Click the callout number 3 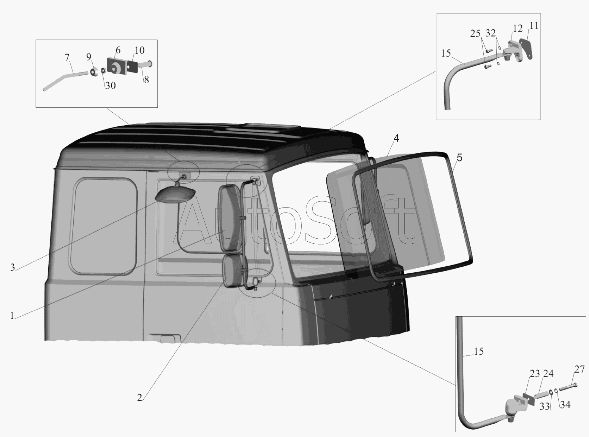tap(12, 268)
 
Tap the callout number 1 tap(12, 316)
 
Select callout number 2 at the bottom tap(140, 398)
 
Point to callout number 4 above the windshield tap(396, 138)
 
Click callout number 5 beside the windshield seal tap(459, 158)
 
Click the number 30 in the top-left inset tap(110, 85)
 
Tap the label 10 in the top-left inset tap(140, 50)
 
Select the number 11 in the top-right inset tap(534, 26)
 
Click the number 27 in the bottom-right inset tap(579, 369)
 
